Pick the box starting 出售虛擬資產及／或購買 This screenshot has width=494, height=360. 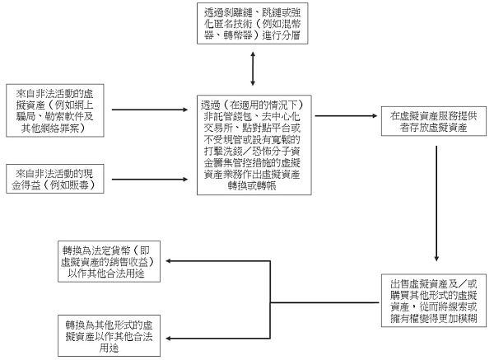[x=434, y=302]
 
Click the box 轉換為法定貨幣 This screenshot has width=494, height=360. [x=112, y=261]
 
